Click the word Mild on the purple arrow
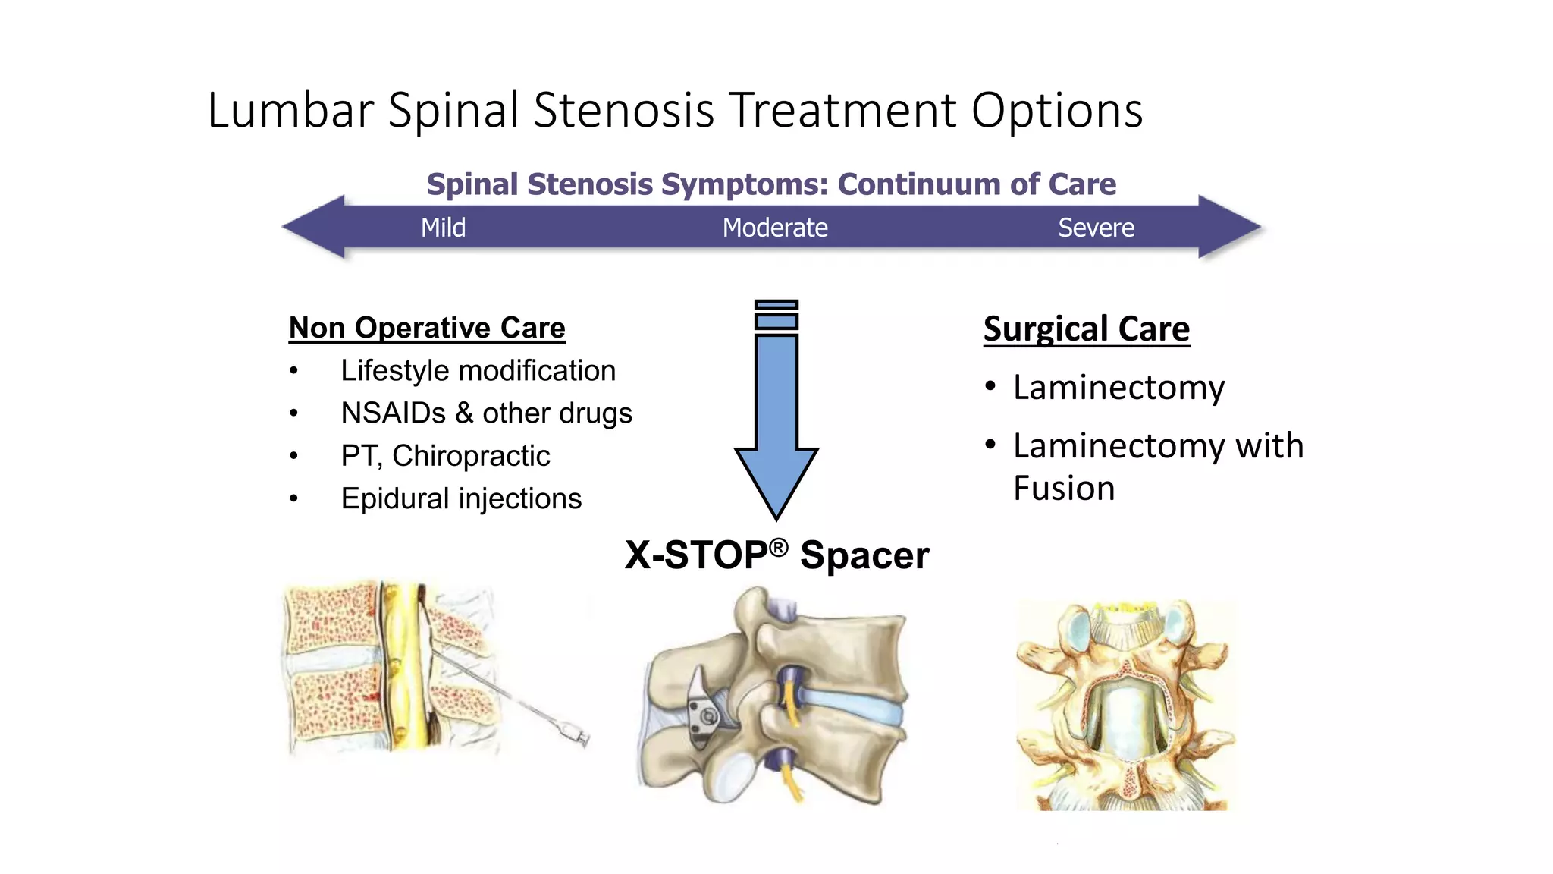[x=443, y=228]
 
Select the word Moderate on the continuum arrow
[x=774, y=228]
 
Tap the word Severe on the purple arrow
[x=1096, y=228]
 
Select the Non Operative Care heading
[x=427, y=328]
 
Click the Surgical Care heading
[x=1086, y=329]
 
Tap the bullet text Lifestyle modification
[x=478, y=371]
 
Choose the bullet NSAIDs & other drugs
[x=486, y=413]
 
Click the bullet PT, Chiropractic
[x=445, y=456]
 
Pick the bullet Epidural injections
[x=461, y=498]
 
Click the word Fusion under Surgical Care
[x=1064, y=488]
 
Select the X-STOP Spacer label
[x=776, y=555]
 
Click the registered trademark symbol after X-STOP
[x=779, y=547]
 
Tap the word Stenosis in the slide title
[x=623, y=111]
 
